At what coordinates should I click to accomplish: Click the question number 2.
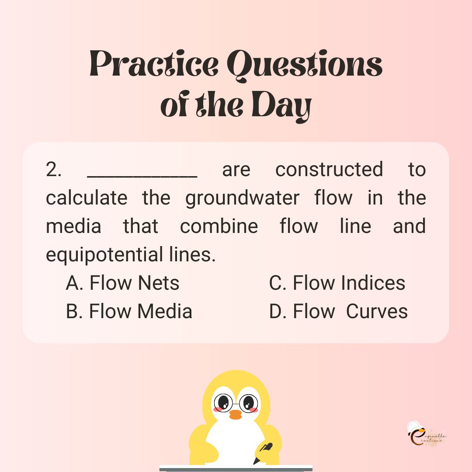coord(54,170)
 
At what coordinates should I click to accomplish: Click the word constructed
coord(329,170)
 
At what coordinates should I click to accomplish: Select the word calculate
coord(87,198)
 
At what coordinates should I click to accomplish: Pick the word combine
coord(219,226)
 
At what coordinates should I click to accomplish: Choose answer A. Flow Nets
coord(123,283)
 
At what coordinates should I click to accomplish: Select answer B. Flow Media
coord(129,312)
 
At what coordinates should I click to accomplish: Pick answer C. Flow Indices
coord(337,283)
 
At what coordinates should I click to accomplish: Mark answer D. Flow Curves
coord(338,312)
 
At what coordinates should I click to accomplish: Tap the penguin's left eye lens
coord(223,401)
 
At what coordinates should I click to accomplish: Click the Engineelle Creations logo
coord(426,434)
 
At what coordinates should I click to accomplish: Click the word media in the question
coord(73,226)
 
